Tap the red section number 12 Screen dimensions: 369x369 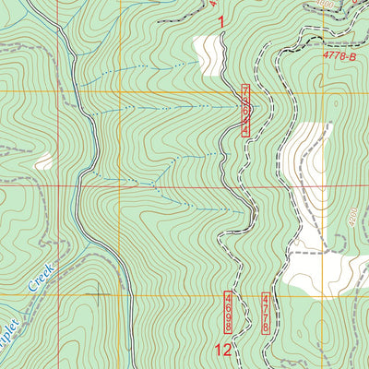pyautogui.click(x=222, y=350)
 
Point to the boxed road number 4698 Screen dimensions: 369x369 pyautogui.click(x=228, y=311)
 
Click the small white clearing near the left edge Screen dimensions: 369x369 pyautogui.click(x=44, y=161)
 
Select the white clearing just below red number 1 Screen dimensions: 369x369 pyautogui.click(x=207, y=54)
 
